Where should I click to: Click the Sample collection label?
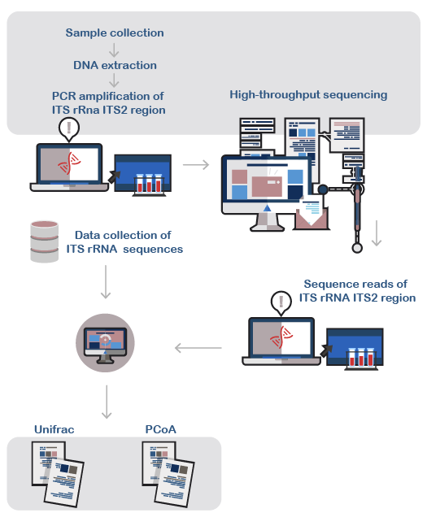[115, 33]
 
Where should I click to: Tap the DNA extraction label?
[115, 65]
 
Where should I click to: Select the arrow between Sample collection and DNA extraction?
[114, 50]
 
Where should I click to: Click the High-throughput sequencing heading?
[308, 95]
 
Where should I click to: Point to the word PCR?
[63, 96]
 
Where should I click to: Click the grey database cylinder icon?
[44, 241]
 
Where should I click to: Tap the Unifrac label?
[54, 429]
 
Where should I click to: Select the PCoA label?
[160, 429]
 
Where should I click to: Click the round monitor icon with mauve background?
[105, 343]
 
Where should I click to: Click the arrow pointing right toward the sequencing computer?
[196, 165]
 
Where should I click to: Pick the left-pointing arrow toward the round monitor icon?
[198, 348]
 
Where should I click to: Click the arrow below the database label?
[106, 282]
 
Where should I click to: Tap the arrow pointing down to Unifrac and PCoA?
[107, 402]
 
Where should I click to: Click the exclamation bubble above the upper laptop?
[69, 129]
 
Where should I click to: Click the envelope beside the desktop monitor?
[312, 215]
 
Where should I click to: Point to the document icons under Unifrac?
[58, 474]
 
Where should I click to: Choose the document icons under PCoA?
[168, 474]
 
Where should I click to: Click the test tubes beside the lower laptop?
[361, 359]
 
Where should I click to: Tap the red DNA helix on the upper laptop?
[69, 163]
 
